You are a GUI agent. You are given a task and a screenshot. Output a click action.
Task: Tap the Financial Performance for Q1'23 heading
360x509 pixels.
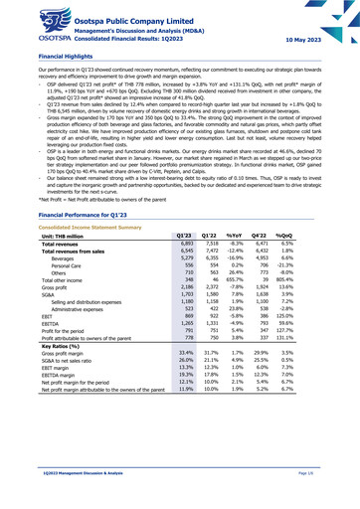[84, 243]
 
